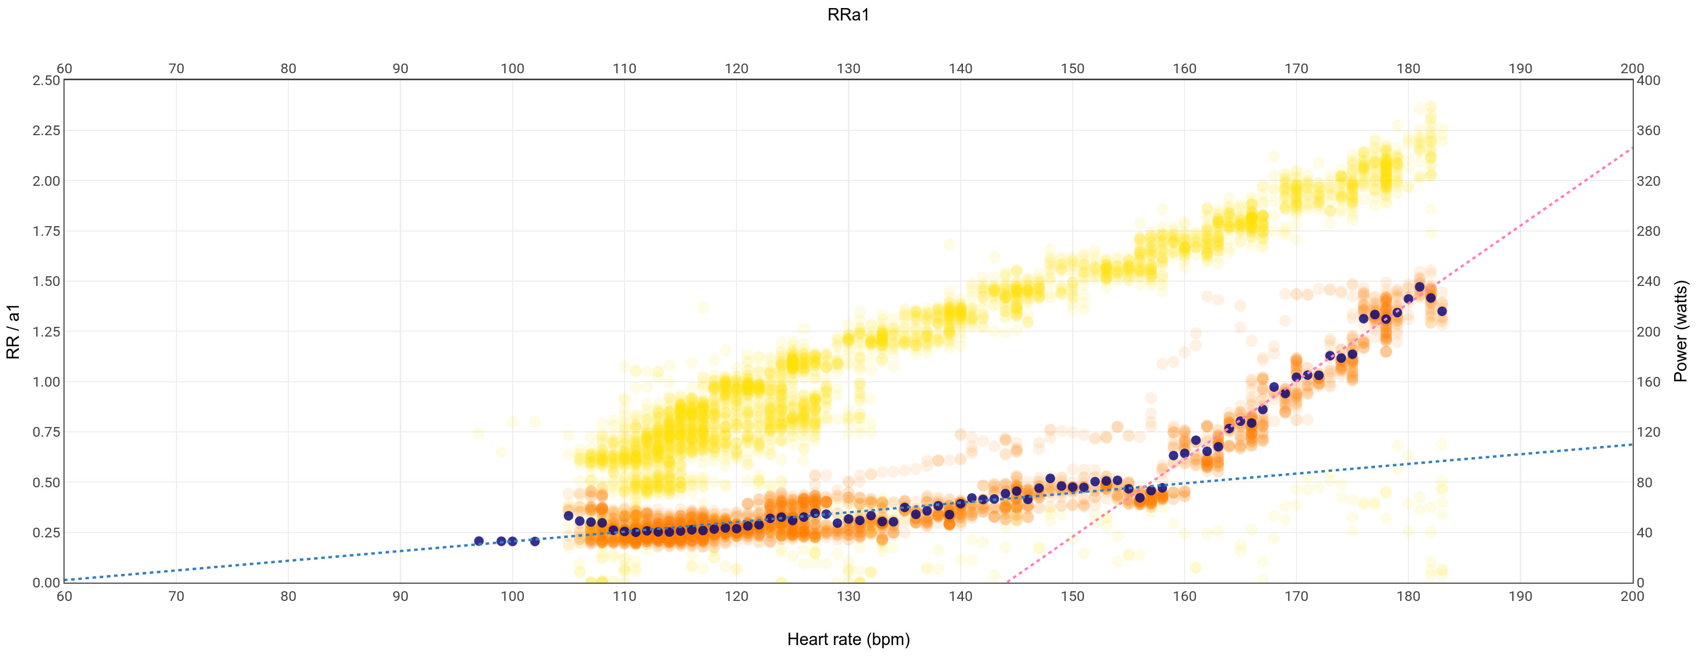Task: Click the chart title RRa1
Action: [848, 15]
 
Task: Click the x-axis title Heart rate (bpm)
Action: [848, 640]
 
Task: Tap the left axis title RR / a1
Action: [13, 332]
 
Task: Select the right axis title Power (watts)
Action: [1681, 332]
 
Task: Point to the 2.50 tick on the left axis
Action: [46, 81]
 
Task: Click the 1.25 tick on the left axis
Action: [46, 332]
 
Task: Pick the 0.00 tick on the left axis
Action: [46, 583]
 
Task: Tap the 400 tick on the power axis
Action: [1649, 81]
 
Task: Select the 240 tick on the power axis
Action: [1649, 282]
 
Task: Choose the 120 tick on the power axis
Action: [1649, 432]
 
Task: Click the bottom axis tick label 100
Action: [513, 597]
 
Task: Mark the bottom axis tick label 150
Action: [1072, 597]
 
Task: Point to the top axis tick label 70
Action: [176, 69]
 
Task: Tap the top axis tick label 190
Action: [1520, 69]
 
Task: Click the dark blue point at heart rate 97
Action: [479, 541]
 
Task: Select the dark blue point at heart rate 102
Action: [535, 541]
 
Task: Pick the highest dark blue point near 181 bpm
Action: [1420, 286]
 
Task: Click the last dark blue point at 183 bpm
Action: [1442, 311]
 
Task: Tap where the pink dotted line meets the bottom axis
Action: [1007, 582]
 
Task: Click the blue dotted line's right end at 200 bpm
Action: [1632, 445]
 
